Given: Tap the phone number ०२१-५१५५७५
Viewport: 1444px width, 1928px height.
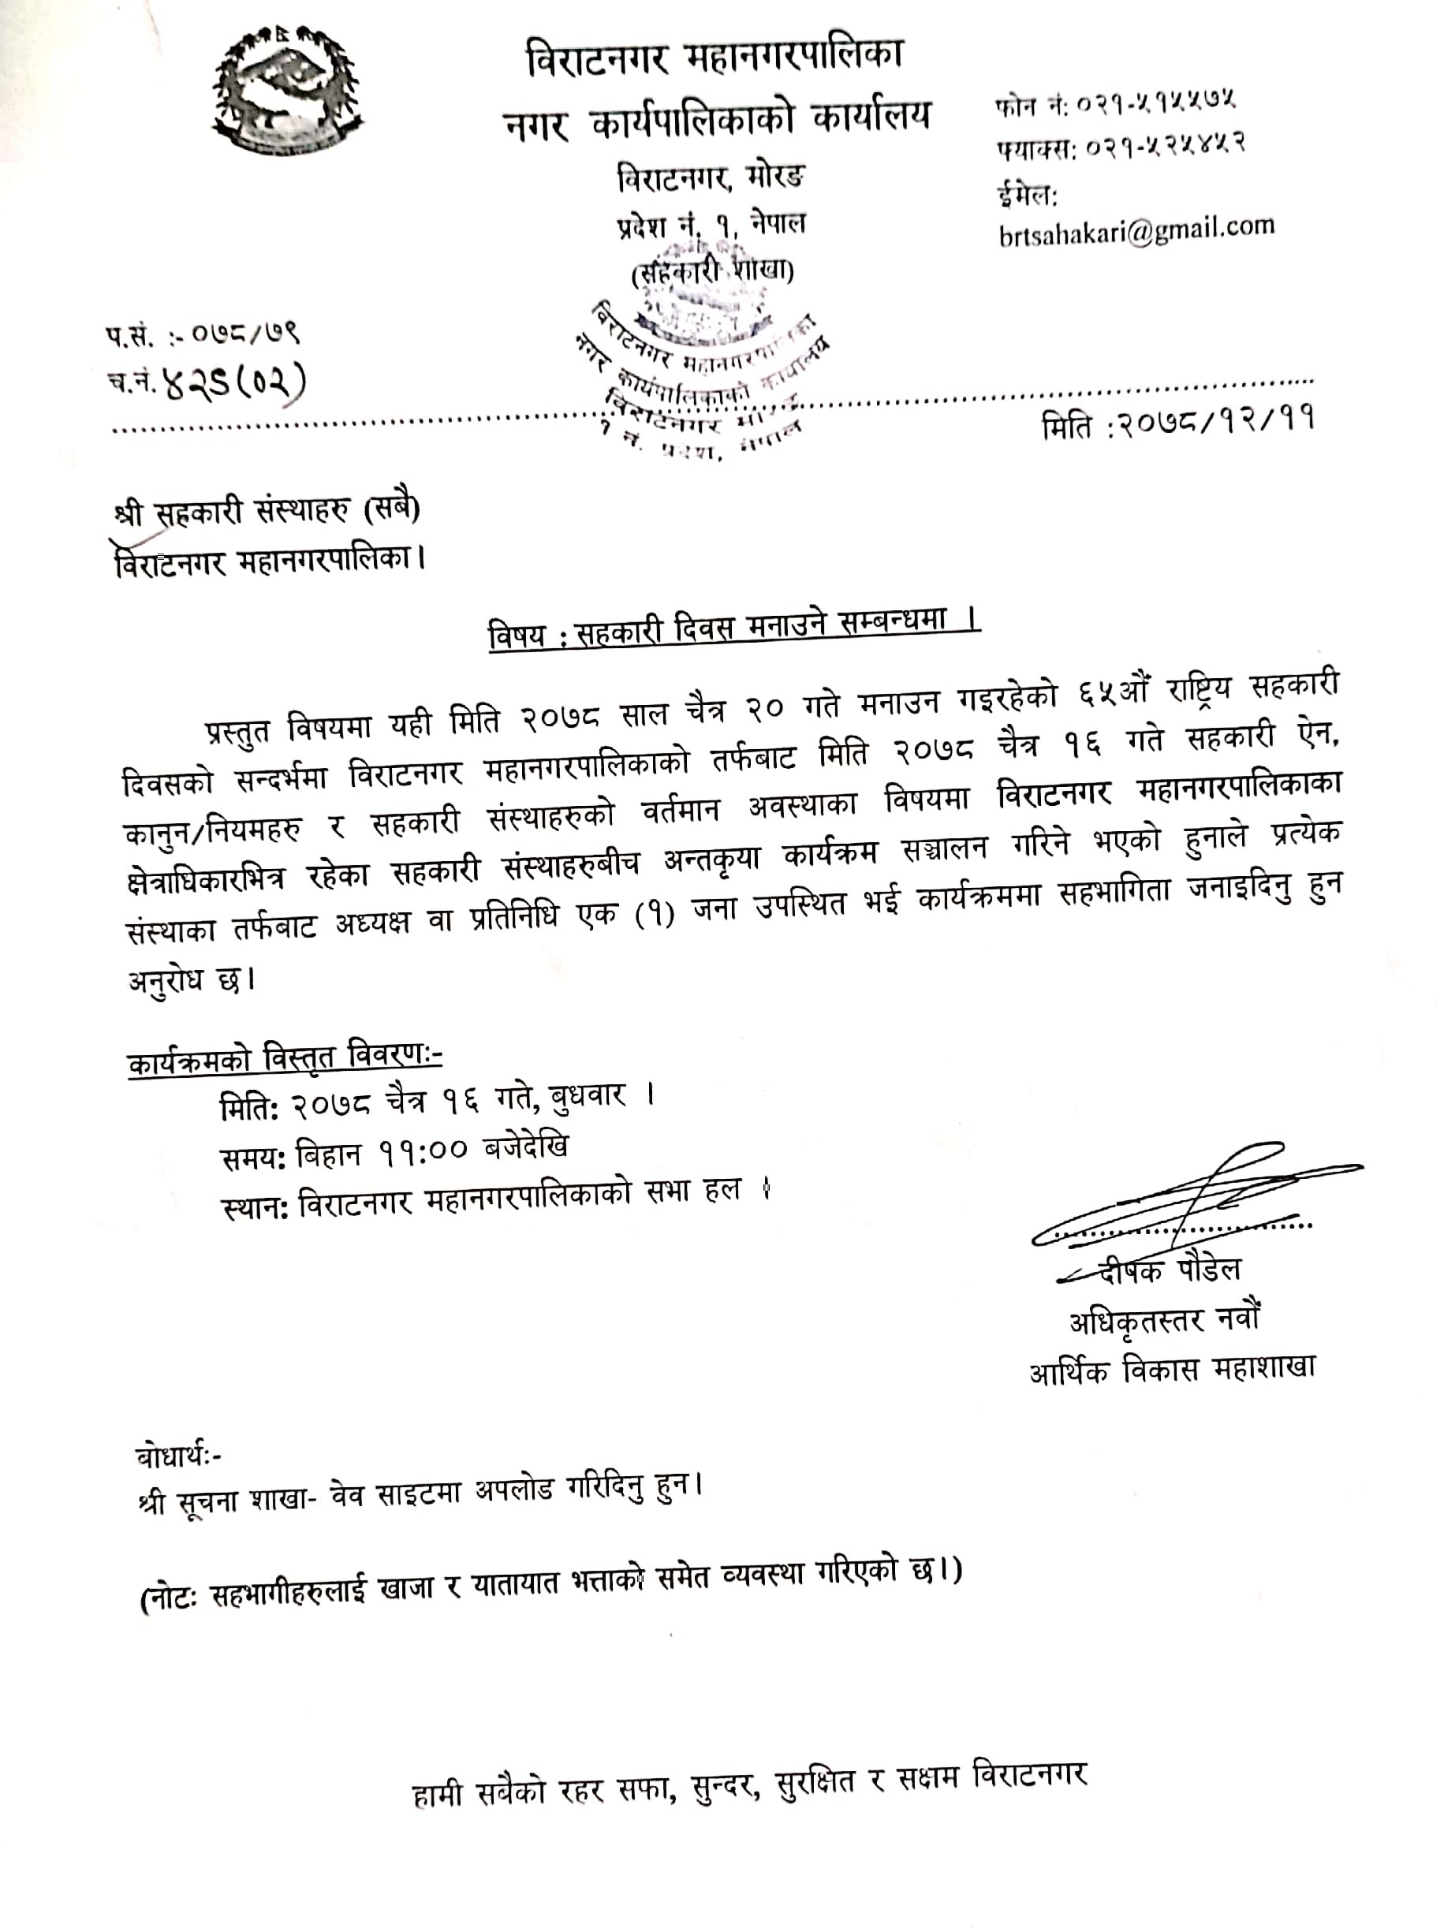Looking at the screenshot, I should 1155,104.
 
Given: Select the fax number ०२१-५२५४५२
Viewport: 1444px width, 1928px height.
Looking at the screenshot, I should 1160,144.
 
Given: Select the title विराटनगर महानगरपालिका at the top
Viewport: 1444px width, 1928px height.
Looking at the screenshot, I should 715,57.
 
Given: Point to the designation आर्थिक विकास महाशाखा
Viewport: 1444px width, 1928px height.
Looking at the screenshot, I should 1171,1369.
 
